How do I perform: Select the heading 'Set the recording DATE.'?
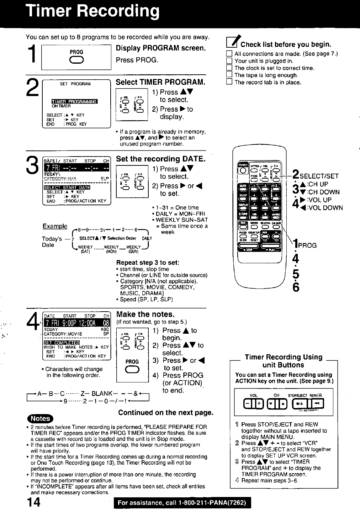(x=161, y=159)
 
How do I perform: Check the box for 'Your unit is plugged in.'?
(x=229, y=61)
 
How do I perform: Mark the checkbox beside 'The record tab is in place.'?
(x=229, y=82)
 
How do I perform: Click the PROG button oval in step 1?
(x=76, y=60)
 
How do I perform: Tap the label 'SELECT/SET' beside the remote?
(x=319, y=176)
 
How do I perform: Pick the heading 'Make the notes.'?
(x=146, y=314)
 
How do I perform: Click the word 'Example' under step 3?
(x=55, y=226)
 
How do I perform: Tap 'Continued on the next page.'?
(x=166, y=413)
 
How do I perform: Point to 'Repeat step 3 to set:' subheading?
(x=148, y=263)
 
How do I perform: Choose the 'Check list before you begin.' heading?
(x=286, y=44)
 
